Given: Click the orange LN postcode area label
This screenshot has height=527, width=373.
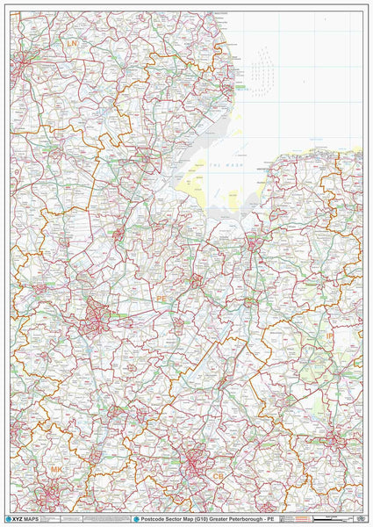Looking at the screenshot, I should (x=72, y=43).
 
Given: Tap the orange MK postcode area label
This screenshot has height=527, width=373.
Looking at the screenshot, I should (x=56, y=471).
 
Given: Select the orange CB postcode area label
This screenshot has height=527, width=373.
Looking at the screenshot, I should (x=218, y=475).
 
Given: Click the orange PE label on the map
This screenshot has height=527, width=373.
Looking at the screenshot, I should (x=161, y=299).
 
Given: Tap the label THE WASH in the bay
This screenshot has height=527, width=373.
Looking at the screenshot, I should (x=219, y=166).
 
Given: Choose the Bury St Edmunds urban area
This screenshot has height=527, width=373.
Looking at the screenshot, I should (x=334, y=438).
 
